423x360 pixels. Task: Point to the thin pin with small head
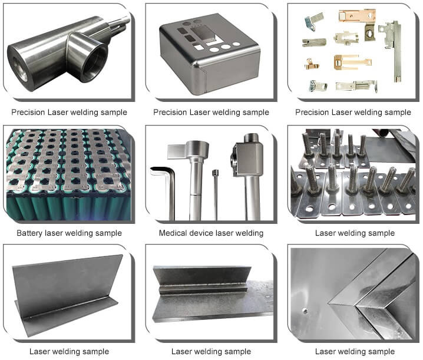[215, 194]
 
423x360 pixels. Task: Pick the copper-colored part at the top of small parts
[356, 15]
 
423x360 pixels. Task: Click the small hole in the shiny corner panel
[305, 311]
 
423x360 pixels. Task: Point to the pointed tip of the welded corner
[329, 304]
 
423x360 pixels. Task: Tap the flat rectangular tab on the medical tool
[177, 151]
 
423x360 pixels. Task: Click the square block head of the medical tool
[247, 159]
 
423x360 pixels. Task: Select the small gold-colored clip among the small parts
[312, 64]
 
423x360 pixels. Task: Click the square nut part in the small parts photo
[370, 32]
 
